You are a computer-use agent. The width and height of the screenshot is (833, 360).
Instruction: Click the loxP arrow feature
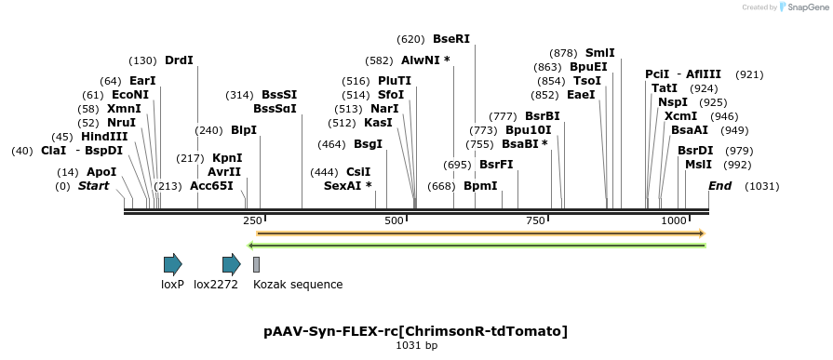click(172, 264)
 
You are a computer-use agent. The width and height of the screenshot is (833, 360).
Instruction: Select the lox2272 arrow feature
click(231, 264)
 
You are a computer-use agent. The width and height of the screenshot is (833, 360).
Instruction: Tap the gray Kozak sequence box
click(256, 264)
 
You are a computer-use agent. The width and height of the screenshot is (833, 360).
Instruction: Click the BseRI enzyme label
click(451, 39)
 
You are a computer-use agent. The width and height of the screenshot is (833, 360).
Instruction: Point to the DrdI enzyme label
click(179, 60)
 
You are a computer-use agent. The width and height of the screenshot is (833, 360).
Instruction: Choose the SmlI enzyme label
click(599, 53)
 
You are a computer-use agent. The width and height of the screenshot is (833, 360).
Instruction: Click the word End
click(719, 186)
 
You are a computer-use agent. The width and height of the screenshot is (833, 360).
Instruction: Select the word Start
click(93, 186)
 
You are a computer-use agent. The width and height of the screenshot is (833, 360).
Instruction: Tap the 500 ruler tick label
click(394, 220)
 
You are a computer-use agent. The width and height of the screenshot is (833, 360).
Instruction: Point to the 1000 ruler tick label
click(673, 220)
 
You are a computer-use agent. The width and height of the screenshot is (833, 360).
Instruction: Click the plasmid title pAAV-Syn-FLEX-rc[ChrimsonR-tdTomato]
click(415, 331)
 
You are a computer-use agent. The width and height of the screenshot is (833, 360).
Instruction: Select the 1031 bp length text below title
click(415, 346)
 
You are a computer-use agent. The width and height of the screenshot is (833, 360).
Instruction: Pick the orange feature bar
click(480, 233)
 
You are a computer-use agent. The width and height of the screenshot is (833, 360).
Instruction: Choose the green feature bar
click(477, 246)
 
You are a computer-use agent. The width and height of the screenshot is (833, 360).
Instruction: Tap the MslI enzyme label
click(698, 165)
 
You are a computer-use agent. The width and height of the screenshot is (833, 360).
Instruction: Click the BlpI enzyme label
click(244, 130)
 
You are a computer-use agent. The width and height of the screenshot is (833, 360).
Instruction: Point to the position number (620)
click(410, 39)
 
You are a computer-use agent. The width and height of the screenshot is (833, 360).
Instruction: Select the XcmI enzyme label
click(680, 116)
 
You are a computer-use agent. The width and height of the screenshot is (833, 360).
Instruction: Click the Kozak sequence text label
click(298, 285)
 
